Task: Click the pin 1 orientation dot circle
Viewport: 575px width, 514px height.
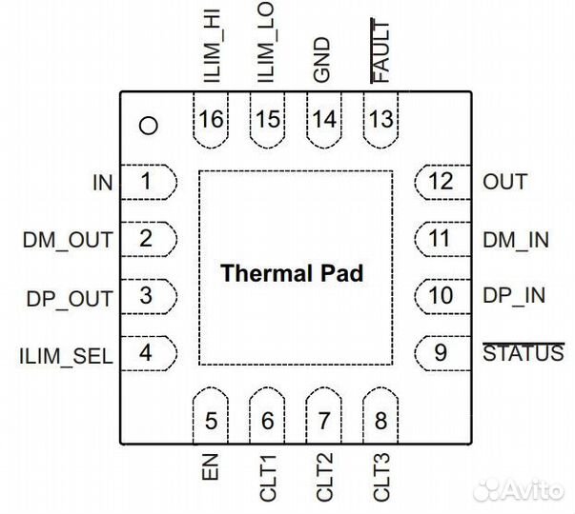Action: [147, 125]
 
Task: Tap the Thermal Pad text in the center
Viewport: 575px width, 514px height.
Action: [292, 274]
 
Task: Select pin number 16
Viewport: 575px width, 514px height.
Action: [211, 120]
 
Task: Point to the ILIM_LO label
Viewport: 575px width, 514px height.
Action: [268, 46]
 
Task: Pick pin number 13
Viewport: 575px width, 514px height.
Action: [380, 120]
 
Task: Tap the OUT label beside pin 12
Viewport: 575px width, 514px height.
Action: [505, 182]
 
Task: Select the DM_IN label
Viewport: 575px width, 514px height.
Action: [516, 240]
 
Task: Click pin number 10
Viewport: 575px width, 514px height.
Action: [441, 296]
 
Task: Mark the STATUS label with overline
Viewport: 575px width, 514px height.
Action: [523, 354]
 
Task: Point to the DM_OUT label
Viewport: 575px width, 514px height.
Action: [67, 240]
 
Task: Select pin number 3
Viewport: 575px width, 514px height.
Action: [145, 296]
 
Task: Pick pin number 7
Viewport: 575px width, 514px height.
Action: [324, 420]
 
